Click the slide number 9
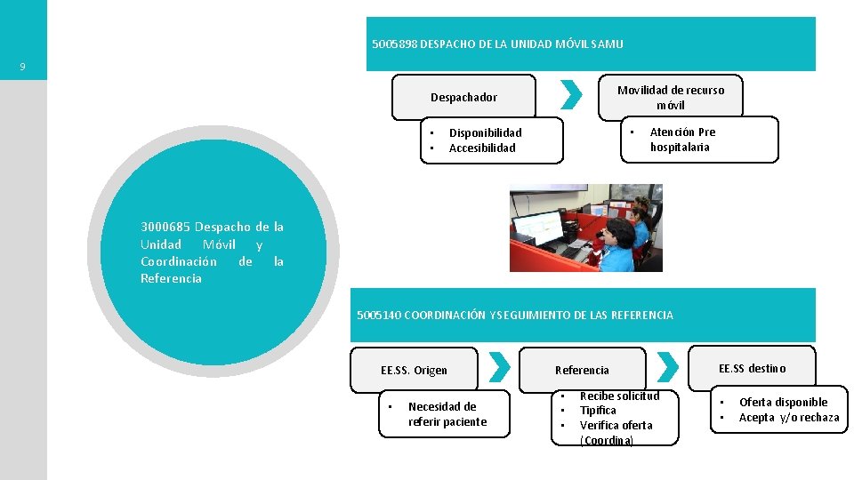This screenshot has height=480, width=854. point(22,67)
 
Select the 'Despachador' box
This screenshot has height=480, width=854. point(463,97)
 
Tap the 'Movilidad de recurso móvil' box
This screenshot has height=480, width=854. point(671,97)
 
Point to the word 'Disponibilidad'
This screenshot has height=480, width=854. point(485,133)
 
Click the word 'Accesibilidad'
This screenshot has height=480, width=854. point(482,148)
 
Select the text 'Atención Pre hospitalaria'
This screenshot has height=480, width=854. point(682,140)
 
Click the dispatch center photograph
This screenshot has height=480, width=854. point(585,228)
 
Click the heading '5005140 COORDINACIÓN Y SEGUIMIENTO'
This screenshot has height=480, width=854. point(515,315)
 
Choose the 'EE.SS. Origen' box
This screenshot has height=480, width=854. point(414,370)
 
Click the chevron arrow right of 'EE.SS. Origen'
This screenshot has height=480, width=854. point(501,367)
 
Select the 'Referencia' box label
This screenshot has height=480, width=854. point(582,370)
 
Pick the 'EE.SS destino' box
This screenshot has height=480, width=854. point(753,368)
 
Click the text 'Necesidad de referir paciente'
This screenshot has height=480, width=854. point(447,414)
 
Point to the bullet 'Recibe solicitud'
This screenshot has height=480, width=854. point(619,396)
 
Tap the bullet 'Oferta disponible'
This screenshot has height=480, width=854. point(783,403)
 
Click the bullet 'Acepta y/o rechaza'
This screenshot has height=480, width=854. point(788,418)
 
